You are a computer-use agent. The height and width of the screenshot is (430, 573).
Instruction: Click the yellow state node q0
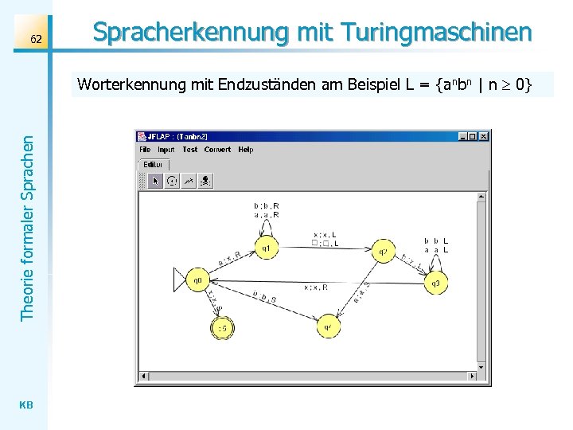(x=198, y=280)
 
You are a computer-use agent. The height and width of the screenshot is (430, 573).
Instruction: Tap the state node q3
(x=435, y=283)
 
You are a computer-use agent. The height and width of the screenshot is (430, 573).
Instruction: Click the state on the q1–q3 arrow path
(x=383, y=252)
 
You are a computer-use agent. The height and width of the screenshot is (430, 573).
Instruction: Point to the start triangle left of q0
(x=180, y=280)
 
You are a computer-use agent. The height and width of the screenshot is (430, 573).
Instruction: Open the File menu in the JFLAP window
(x=145, y=150)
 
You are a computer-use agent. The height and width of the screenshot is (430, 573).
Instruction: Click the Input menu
(x=166, y=150)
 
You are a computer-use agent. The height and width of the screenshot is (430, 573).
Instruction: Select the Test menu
(x=189, y=150)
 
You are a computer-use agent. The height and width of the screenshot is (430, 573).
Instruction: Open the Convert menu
(x=217, y=150)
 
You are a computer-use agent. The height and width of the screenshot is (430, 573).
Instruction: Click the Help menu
(x=246, y=150)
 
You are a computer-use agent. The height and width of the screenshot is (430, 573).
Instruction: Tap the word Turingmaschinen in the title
(x=436, y=33)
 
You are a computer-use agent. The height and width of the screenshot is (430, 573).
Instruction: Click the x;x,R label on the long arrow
(x=314, y=287)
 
